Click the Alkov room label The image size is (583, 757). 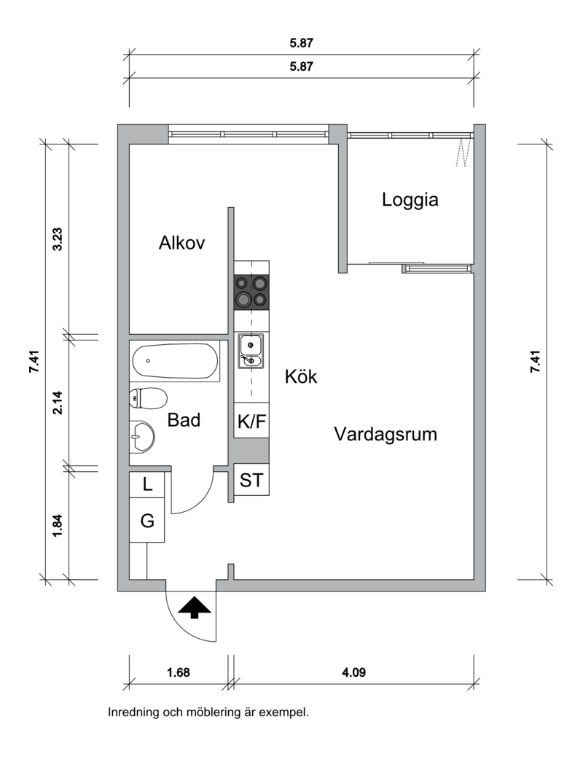(181, 242)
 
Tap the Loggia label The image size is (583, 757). (410, 199)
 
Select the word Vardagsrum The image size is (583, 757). (386, 434)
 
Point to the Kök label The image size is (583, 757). (301, 376)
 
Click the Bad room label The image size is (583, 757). (184, 420)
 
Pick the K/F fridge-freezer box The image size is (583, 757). (251, 421)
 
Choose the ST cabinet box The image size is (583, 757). (251, 479)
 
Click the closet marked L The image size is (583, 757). (147, 484)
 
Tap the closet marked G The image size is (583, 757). (147, 519)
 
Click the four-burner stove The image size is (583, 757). (251, 292)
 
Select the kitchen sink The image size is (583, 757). (251, 351)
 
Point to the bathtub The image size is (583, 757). (175, 361)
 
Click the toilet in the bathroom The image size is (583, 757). (148, 398)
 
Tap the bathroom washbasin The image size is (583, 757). (142, 436)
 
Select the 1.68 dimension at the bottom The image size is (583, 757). (179, 672)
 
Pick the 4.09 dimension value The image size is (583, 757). (353, 672)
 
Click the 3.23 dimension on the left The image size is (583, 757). (58, 239)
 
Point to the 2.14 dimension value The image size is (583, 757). (58, 403)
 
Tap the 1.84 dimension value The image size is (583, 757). (58, 525)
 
